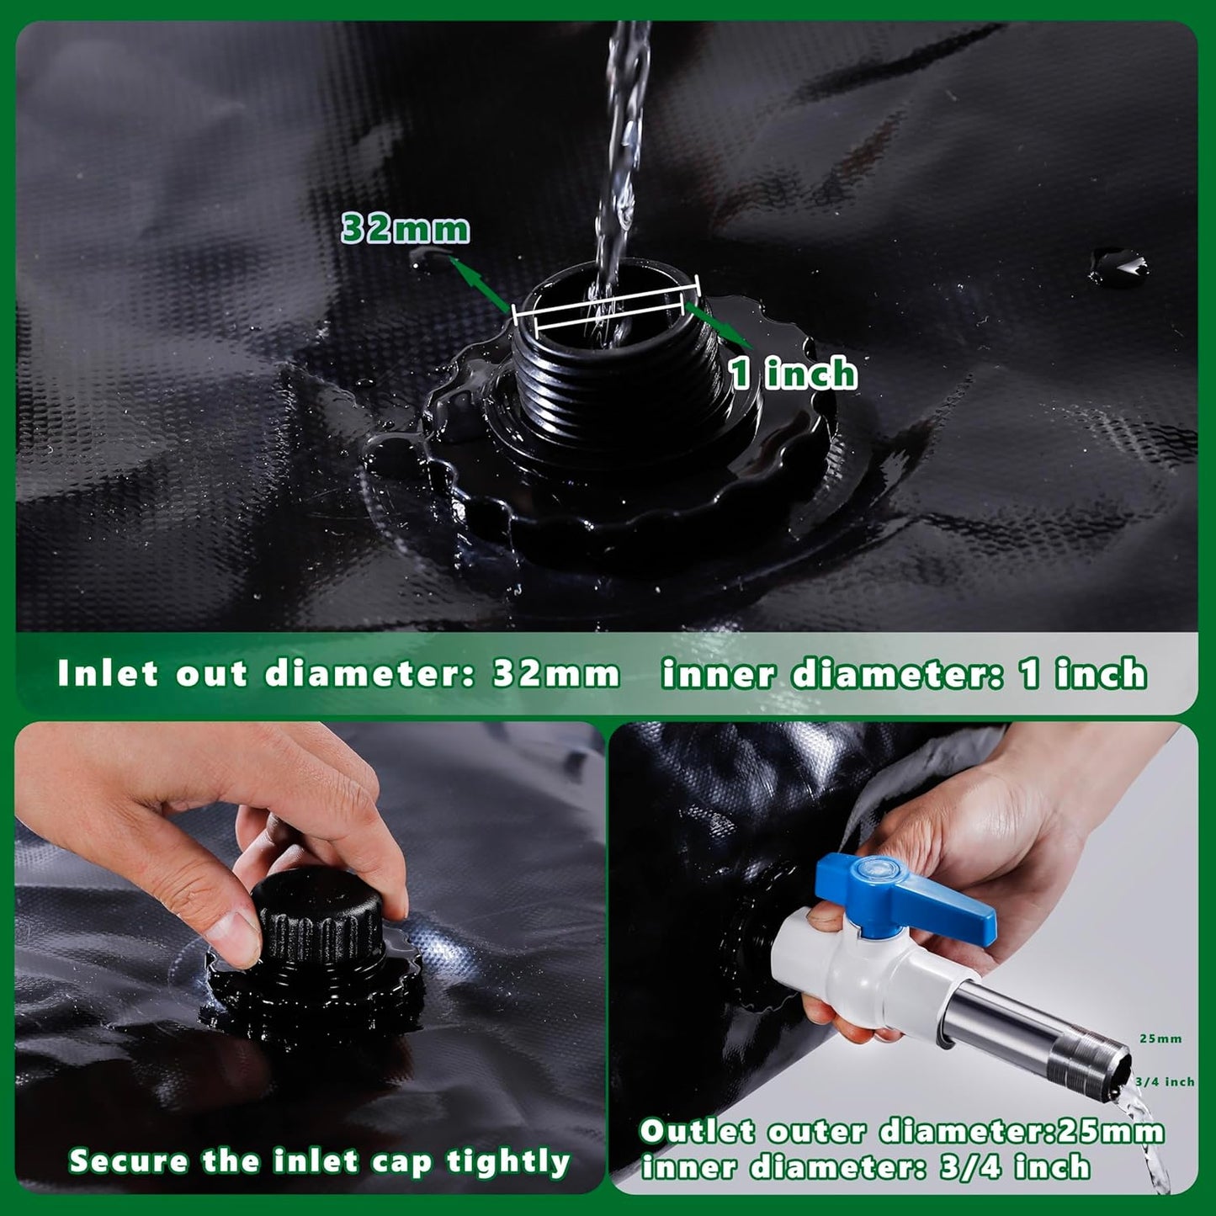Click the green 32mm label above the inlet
coord(406,229)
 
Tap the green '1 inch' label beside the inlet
coord(793,373)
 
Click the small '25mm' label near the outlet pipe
coord(1160,1038)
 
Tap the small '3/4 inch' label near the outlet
coord(1165,1082)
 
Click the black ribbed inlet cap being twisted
coord(318,917)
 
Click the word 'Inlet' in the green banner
coord(107,674)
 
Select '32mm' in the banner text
coord(555,674)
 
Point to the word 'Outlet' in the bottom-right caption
coord(698,1132)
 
